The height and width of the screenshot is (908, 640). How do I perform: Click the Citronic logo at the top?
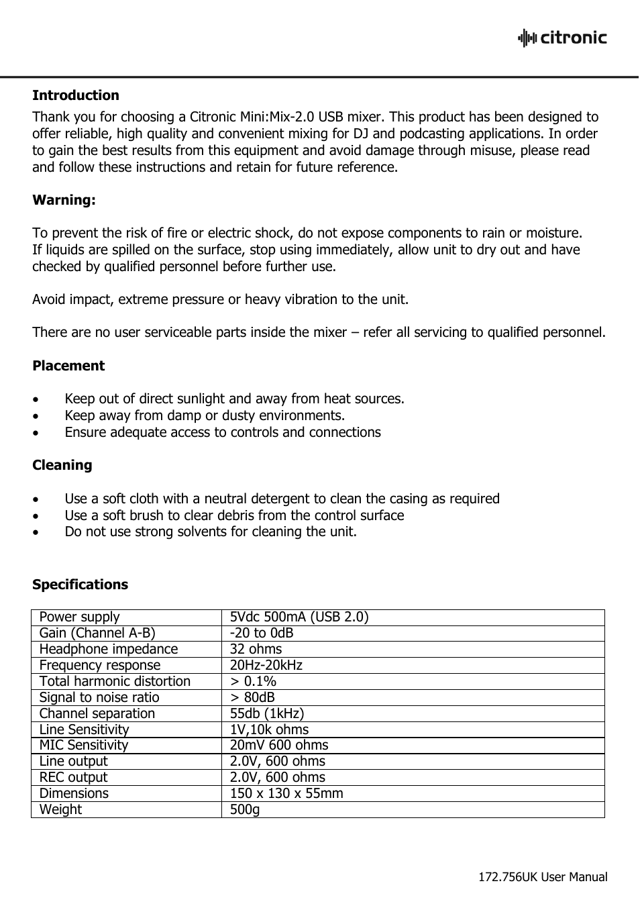[562, 38]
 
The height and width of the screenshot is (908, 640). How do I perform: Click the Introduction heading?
[76, 95]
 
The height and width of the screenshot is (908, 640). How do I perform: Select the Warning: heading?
[64, 200]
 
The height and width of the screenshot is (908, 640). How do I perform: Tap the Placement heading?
[68, 366]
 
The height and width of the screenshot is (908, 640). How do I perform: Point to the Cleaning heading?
[62, 465]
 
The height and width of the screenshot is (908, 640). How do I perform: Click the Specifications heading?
[80, 585]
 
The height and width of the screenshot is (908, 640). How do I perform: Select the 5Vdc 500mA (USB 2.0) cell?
[299, 617]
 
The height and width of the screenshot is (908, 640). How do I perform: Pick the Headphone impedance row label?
[109, 649]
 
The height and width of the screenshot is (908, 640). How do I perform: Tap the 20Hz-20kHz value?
[266, 665]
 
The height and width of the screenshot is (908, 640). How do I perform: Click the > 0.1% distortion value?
[253, 681]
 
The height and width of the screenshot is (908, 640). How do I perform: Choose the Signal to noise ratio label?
[99, 697]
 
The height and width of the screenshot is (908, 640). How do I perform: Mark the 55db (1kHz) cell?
[267, 713]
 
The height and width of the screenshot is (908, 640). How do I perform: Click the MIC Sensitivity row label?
[84, 745]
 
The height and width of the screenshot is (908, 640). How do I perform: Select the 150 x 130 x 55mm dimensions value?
[286, 793]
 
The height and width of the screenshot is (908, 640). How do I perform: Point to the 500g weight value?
[245, 809]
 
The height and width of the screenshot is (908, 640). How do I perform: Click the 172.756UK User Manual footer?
[543, 877]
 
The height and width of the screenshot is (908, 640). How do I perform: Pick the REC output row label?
[73, 777]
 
